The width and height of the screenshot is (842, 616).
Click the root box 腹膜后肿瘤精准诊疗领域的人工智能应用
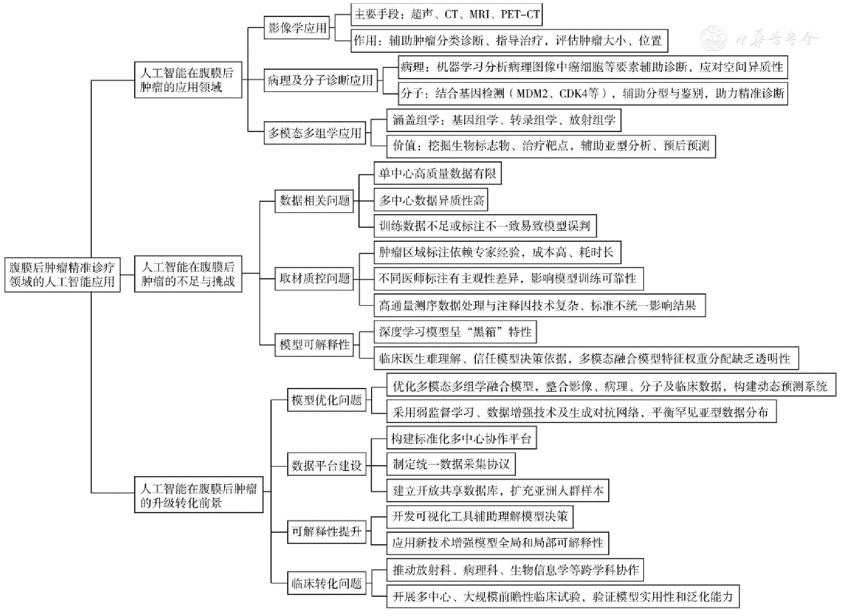coord(62,274)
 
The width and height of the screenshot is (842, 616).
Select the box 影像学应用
coord(297,28)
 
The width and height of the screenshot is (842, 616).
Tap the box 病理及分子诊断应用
coord(320,80)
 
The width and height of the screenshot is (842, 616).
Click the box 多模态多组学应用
coord(314,133)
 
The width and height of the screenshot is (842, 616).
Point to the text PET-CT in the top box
coord(520,15)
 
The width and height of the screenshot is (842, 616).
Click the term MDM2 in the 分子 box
coord(532,94)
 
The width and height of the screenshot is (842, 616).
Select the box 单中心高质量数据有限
coord(437,173)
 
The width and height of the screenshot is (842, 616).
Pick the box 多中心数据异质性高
coord(431,201)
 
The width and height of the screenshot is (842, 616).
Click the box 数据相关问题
coord(314,201)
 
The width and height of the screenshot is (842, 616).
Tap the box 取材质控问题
coord(314,278)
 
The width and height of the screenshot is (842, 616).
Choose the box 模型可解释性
coord(314,344)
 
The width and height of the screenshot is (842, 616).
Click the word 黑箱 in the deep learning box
coord(484,332)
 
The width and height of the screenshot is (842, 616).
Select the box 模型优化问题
coord(326,400)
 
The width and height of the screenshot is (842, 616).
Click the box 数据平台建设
coord(326,466)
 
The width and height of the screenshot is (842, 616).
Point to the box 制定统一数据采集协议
coord(451,464)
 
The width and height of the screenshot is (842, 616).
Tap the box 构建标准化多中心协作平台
coord(461,439)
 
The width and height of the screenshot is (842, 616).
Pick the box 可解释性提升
coord(326,531)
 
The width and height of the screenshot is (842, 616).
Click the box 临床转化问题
coord(326,584)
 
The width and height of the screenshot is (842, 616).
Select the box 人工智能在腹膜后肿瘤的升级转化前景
coord(198,495)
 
